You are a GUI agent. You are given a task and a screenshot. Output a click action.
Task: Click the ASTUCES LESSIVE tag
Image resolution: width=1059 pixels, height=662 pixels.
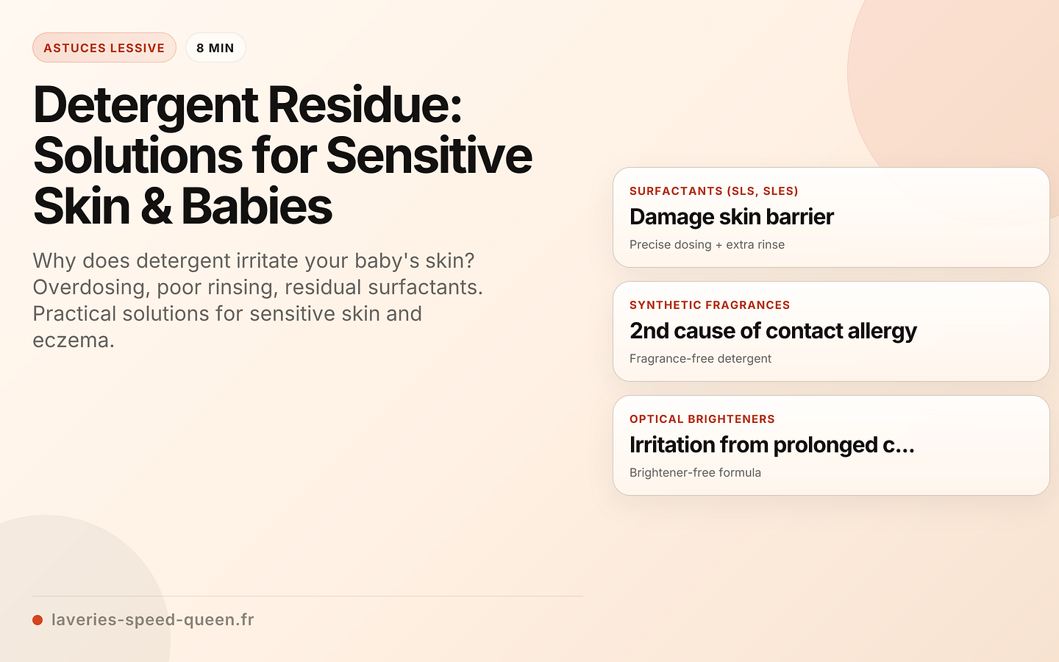[104, 48]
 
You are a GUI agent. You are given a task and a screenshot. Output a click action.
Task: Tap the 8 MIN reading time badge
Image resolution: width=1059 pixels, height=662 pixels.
[215, 48]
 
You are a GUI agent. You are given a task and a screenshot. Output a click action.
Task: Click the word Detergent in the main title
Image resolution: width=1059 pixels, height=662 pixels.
[146, 105]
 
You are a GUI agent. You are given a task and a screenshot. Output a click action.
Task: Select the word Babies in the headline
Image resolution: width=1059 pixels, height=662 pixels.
[257, 207]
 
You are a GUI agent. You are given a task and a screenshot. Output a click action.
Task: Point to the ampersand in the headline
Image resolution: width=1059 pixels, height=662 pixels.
[155, 207]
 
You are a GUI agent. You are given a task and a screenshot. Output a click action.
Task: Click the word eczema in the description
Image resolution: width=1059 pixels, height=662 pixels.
[74, 340]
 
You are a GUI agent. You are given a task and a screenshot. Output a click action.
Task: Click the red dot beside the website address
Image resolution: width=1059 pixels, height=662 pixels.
[38, 620]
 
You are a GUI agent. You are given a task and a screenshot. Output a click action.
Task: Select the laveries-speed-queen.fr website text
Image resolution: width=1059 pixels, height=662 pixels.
[152, 619]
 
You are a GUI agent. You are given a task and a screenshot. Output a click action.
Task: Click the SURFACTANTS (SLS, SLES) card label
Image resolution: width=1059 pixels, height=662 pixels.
[713, 191]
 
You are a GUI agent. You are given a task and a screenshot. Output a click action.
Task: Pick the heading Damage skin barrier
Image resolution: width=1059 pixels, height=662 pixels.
[731, 217]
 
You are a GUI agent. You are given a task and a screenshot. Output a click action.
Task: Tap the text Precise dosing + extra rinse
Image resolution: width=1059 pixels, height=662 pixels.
[707, 245]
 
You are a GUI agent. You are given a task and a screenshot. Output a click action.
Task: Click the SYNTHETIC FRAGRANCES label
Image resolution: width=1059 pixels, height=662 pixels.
[710, 305]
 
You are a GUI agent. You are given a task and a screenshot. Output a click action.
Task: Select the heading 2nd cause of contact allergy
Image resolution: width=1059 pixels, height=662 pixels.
[773, 331]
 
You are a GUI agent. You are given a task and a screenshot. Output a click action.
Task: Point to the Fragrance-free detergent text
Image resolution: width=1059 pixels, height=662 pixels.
[700, 359]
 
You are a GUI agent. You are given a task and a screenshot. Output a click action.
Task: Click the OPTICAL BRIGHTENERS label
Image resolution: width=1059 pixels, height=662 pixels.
[702, 419]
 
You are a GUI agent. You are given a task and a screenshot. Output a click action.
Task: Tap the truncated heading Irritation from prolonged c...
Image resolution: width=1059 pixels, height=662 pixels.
[771, 445]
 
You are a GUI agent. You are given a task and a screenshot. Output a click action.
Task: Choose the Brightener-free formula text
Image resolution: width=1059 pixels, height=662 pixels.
[695, 473]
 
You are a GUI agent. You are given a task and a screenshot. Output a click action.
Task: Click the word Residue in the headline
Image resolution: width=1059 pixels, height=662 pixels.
[364, 105]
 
